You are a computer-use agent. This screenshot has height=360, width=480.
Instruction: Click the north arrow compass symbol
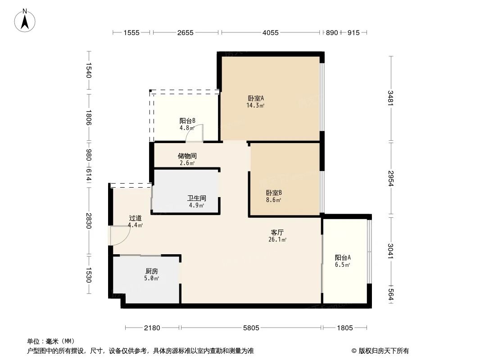click(x=25, y=20)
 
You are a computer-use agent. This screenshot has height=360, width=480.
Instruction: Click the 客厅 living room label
click(x=277, y=232)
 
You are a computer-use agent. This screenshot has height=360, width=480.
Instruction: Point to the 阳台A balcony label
click(x=343, y=258)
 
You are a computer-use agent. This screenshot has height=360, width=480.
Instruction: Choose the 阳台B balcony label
click(x=187, y=121)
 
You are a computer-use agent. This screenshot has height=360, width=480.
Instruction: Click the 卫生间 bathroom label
click(x=197, y=198)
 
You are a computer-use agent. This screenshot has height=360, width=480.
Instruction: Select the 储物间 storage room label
click(x=187, y=156)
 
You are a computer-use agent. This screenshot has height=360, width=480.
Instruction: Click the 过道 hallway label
click(x=135, y=218)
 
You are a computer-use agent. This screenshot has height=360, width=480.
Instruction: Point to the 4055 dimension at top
click(x=271, y=32)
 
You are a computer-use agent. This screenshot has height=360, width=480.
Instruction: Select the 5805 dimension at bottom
click(x=251, y=328)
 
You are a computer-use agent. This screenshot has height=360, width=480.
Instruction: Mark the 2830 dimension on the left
click(x=89, y=221)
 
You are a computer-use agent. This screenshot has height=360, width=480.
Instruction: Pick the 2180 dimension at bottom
click(x=152, y=328)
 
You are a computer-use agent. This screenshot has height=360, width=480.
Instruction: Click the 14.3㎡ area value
click(x=255, y=106)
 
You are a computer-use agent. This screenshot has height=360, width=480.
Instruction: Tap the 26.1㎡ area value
click(x=277, y=240)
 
